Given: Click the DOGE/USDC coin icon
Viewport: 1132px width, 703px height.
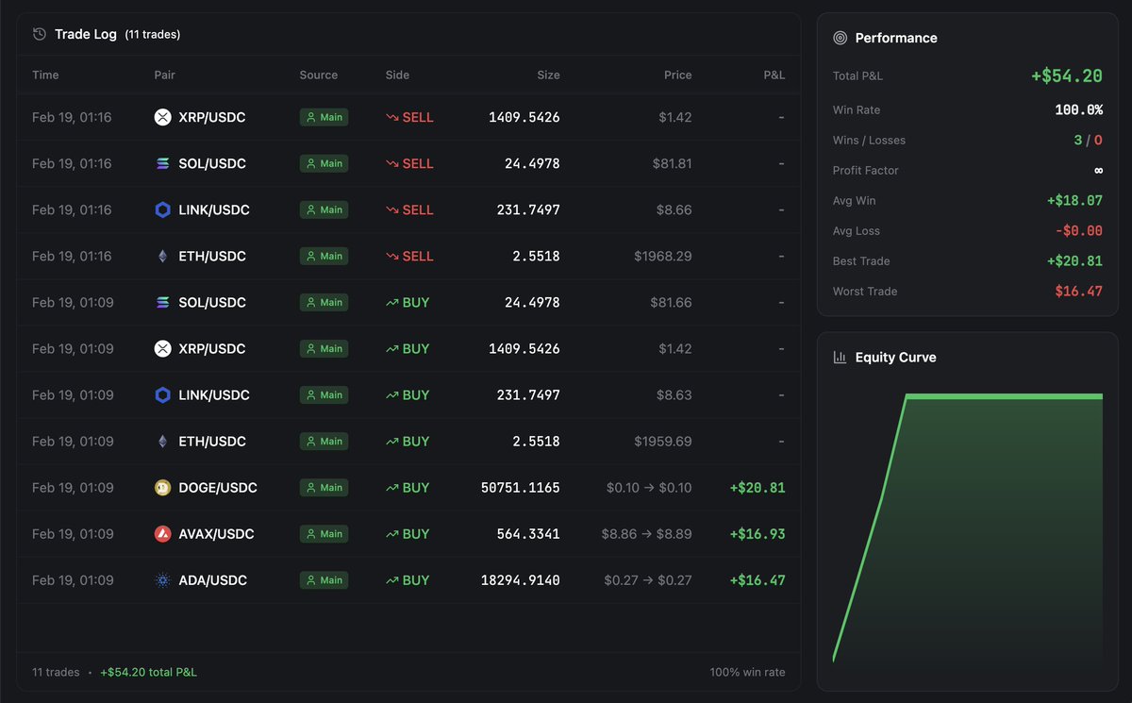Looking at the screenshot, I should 163,488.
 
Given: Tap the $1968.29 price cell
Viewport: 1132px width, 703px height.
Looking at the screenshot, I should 662,256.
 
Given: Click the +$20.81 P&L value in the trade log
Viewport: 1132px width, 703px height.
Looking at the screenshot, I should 757,488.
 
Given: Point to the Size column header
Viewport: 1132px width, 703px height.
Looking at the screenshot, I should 548,75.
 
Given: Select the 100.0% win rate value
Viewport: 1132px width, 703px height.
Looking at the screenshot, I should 1078,109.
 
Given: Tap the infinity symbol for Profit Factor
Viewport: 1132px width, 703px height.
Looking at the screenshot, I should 1097,171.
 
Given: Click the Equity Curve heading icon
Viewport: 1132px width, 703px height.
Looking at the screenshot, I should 840,358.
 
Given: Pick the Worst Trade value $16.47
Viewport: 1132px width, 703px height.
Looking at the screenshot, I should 1078,292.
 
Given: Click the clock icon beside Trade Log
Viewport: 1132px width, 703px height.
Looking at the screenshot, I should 40,34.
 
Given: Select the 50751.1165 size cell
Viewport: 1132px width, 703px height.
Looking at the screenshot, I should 520,488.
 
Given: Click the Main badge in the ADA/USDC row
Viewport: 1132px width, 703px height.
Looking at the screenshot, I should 324,580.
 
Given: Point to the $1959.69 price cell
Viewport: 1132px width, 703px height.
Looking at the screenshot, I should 662,442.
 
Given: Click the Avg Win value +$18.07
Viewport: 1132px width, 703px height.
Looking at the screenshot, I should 1074,201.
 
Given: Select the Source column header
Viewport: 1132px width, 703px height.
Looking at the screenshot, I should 318,75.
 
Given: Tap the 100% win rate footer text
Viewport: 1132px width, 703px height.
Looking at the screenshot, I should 747,673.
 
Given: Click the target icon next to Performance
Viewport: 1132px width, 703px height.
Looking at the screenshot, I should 840,38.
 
